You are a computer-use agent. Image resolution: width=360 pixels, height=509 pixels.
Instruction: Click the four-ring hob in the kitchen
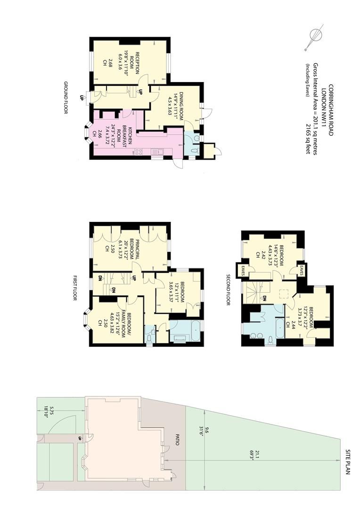point(138,151)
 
